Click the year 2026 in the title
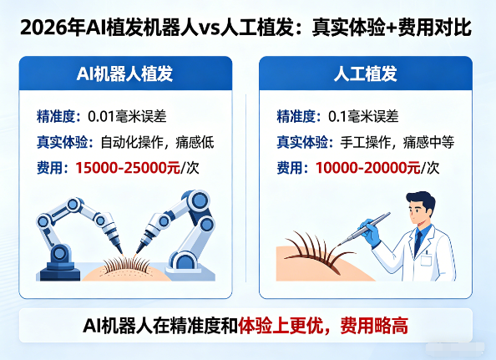(x=41, y=28)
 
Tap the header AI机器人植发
(x=125, y=74)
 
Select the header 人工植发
(x=366, y=74)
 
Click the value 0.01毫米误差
(x=127, y=116)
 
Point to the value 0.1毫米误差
(x=363, y=116)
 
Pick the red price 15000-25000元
(x=128, y=167)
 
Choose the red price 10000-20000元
(x=368, y=167)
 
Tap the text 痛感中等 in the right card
(x=428, y=142)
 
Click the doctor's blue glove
(x=370, y=232)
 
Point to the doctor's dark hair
(x=420, y=200)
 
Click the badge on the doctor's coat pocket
(x=426, y=260)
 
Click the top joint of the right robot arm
(x=199, y=200)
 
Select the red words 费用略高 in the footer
(x=374, y=326)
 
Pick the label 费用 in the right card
(x=290, y=167)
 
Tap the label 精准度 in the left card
(x=56, y=116)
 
